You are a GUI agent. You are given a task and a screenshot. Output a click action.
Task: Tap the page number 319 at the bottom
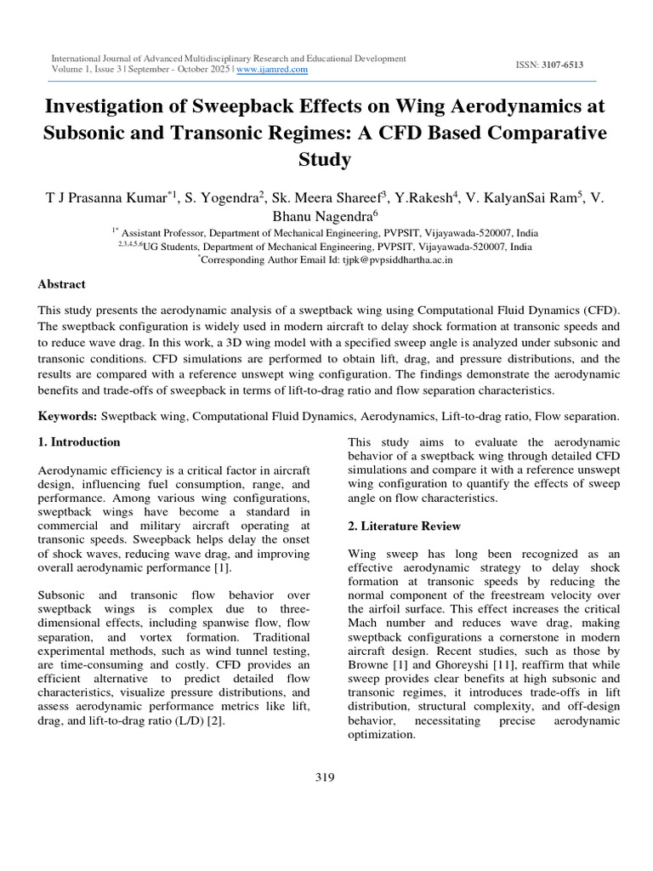tap(326, 777)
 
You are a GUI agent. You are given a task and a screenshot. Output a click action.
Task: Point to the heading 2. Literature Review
tap(405, 527)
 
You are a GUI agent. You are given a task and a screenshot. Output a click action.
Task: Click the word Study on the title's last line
tap(326, 158)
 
